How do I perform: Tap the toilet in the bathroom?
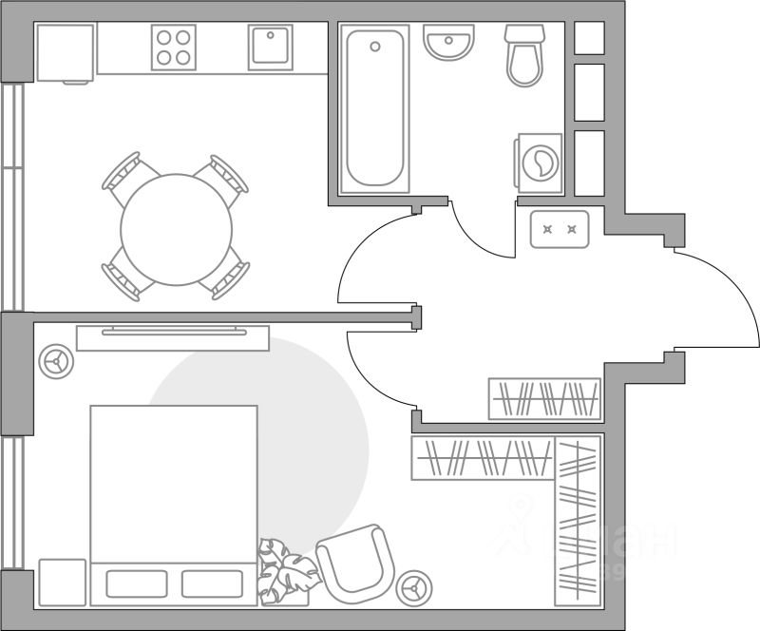524,57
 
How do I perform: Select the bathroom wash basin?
448,44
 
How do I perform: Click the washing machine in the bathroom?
539,163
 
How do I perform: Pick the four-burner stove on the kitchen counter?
174,47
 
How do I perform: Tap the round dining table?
176,226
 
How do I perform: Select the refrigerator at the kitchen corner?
65,53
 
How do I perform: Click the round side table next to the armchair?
414,586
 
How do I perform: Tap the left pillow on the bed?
136,583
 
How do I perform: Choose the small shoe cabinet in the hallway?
560,228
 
